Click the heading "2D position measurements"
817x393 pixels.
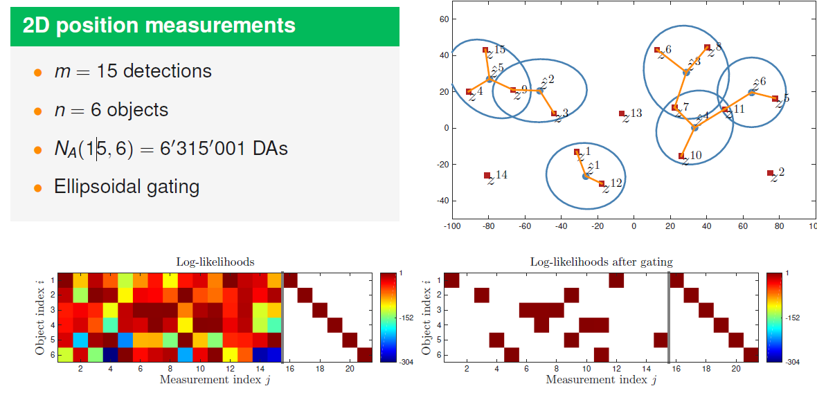coord(159,26)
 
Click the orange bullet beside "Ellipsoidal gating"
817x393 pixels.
coord(37,187)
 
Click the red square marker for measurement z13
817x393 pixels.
coord(622,113)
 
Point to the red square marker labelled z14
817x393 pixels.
coord(487,176)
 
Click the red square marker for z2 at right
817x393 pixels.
coord(770,173)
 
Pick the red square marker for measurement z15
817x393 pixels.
coord(485,51)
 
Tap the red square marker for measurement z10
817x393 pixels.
coord(681,156)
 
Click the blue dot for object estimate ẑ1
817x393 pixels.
coord(585,176)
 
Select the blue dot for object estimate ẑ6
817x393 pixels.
coord(751,92)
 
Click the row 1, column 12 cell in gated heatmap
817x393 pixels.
coord(616,280)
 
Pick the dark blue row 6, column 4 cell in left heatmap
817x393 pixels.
coord(111,354)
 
